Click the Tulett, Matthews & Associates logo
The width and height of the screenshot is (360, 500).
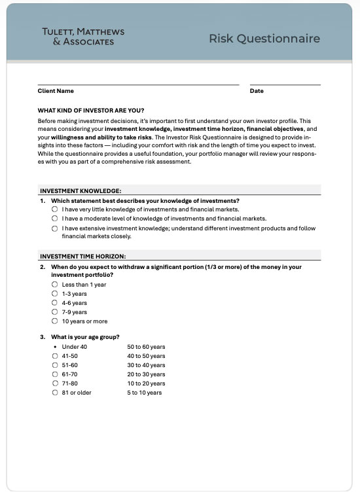pyautogui.click(x=82, y=37)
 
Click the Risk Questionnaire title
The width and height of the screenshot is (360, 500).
pyautogui.click(x=264, y=39)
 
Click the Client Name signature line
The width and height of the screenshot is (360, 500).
pyautogui.click(x=138, y=84)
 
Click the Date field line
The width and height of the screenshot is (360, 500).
pyautogui.click(x=285, y=84)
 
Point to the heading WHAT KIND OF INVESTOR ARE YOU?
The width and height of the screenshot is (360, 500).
pyautogui.click(x=91, y=110)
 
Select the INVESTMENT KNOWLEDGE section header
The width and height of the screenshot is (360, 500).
pyautogui.click(x=81, y=190)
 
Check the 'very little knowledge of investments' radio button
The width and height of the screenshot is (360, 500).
pyautogui.click(x=55, y=209)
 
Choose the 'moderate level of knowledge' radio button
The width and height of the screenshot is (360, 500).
pyautogui.click(x=55, y=219)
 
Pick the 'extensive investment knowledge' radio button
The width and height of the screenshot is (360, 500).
pyautogui.click(x=55, y=228)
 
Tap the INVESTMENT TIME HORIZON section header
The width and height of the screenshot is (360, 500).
pyautogui.click(x=83, y=256)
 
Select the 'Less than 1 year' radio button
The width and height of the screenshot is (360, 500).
pyautogui.click(x=55, y=285)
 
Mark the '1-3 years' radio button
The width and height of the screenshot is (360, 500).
pyautogui.click(x=55, y=294)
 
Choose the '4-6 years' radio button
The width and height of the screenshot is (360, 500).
pyautogui.click(x=55, y=303)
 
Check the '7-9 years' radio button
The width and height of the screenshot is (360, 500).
pyautogui.click(x=55, y=312)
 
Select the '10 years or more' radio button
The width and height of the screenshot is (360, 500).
pyautogui.click(x=55, y=321)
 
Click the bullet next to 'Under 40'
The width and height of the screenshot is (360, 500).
pyautogui.click(x=55, y=347)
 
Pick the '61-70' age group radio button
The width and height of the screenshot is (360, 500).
pyautogui.click(x=55, y=374)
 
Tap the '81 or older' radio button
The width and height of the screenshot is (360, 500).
pyautogui.click(x=55, y=393)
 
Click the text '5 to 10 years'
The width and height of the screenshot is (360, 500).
pyautogui.click(x=144, y=393)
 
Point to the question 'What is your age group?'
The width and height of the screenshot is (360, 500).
pyautogui.click(x=85, y=337)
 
